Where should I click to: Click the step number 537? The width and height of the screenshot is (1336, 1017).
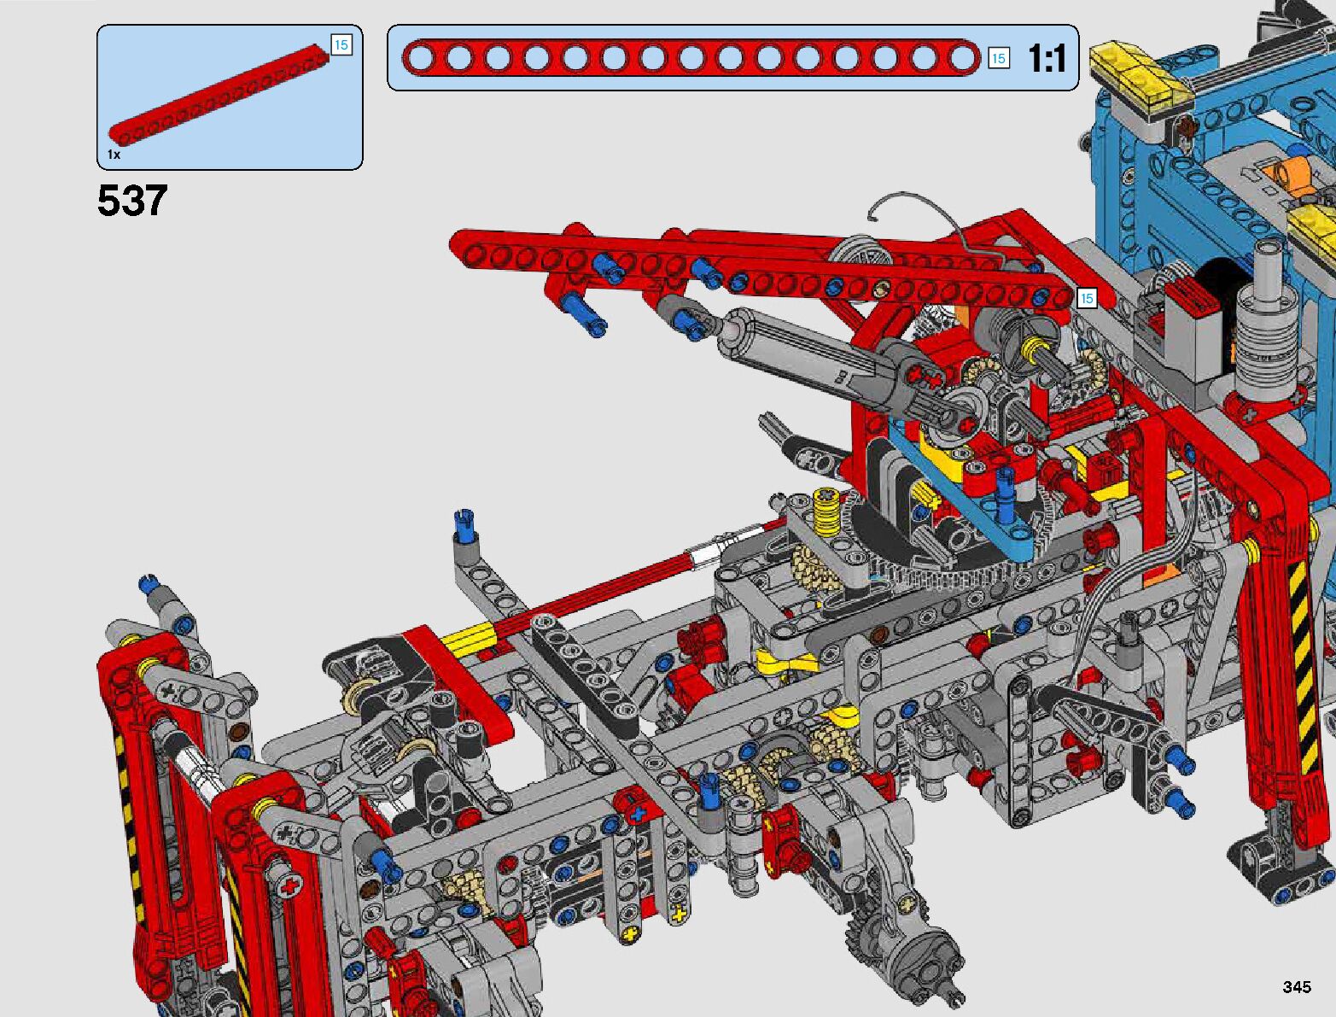point(131,201)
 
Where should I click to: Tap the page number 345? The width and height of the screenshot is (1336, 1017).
point(1297,986)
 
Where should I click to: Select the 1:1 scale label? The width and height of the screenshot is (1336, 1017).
point(1047,58)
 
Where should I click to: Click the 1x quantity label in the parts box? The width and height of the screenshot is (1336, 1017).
point(114,155)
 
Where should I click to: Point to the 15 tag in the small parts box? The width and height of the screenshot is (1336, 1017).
point(341,44)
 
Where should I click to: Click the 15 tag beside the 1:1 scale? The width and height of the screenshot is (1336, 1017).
point(998,58)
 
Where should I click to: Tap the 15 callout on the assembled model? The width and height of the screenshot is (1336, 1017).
point(1087,298)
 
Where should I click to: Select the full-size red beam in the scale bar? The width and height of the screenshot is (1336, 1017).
point(691,58)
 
